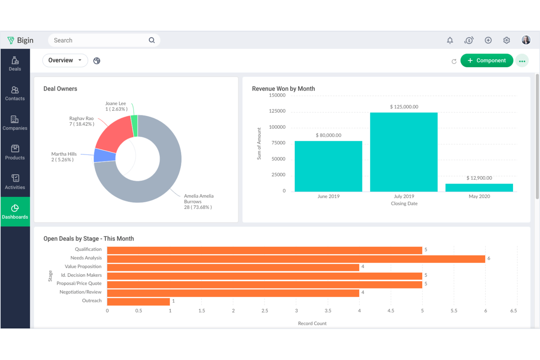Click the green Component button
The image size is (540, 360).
pos(486,61)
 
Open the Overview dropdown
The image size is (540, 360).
pos(65,61)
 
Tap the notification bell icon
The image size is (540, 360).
pos(450,40)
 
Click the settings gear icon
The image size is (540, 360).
pos(506,40)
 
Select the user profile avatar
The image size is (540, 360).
pos(526,40)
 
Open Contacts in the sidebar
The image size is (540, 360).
pos(15,93)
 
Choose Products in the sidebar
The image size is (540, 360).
pos(15,152)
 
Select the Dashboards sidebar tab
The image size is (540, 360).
pos(15,212)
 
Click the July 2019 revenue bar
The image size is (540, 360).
pos(404,152)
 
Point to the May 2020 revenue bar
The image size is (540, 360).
pos(479,187)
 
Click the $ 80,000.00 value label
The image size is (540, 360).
pos(328,135)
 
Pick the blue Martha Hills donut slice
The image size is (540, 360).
pos(105,156)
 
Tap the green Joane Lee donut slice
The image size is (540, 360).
pos(134,125)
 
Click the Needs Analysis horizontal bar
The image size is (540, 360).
pos(296,259)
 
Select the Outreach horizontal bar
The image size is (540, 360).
pos(138,302)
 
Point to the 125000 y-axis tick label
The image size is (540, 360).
pos(277,111)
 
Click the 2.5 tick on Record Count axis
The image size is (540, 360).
pos(265,311)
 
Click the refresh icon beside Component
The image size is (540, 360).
pos(454,61)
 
